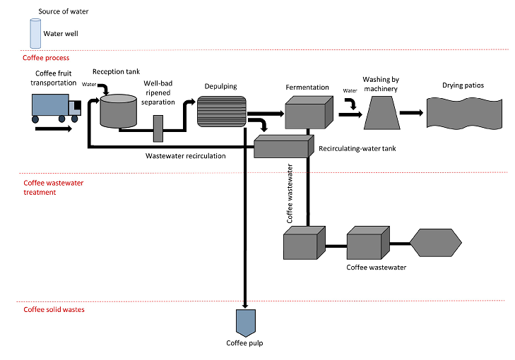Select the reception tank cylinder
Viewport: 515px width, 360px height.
(119, 112)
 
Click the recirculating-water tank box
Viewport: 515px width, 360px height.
(282, 146)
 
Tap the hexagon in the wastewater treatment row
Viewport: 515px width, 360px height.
(435, 244)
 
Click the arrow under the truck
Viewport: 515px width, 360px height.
(52, 129)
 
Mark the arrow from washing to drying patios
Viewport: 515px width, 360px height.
(414, 113)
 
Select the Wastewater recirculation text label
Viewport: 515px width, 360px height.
(185, 155)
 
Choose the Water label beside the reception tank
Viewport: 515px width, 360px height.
(90, 84)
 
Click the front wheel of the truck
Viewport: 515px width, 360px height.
(74, 120)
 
